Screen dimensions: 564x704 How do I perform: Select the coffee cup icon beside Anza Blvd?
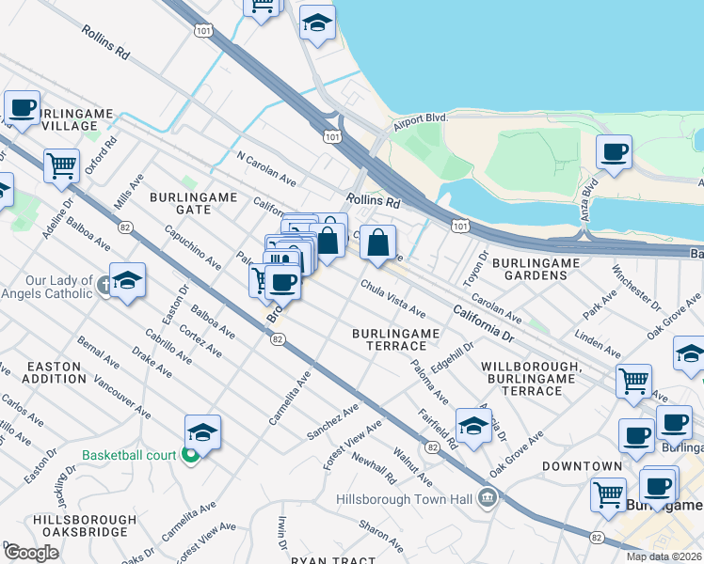coord(614,152)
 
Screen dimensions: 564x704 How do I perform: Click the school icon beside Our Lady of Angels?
coord(127,280)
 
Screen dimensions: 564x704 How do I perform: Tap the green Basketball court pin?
coord(190,456)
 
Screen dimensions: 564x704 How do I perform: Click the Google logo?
coord(32,552)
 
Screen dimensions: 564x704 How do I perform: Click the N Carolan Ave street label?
coord(266,168)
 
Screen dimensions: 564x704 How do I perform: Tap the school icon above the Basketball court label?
coord(202,432)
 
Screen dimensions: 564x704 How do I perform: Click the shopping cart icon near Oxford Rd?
coord(61,165)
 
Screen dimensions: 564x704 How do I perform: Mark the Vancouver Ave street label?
coord(121,398)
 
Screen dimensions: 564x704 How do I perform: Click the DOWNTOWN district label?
coord(581,466)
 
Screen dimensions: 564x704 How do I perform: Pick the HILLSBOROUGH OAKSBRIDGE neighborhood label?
coord(79,525)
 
